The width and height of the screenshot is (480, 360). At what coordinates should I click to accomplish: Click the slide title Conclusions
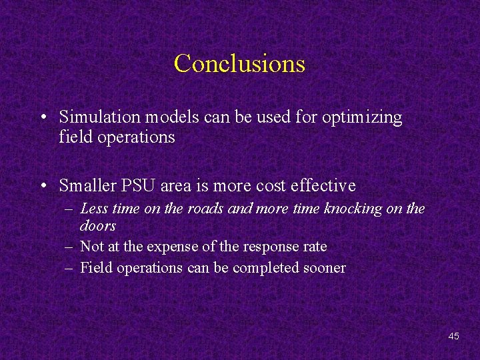[x=239, y=63]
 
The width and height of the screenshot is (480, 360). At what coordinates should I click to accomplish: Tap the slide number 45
[x=453, y=336]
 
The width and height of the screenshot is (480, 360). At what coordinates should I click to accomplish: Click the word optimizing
[x=362, y=118]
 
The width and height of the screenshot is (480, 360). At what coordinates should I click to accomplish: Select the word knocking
[x=353, y=209]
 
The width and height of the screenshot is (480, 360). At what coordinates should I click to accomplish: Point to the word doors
[x=98, y=226]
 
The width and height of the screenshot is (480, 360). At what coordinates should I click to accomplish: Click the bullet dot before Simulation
[x=43, y=118]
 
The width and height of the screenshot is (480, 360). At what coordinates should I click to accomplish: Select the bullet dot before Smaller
[x=43, y=186]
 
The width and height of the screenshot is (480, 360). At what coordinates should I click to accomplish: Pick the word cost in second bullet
[x=267, y=185]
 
